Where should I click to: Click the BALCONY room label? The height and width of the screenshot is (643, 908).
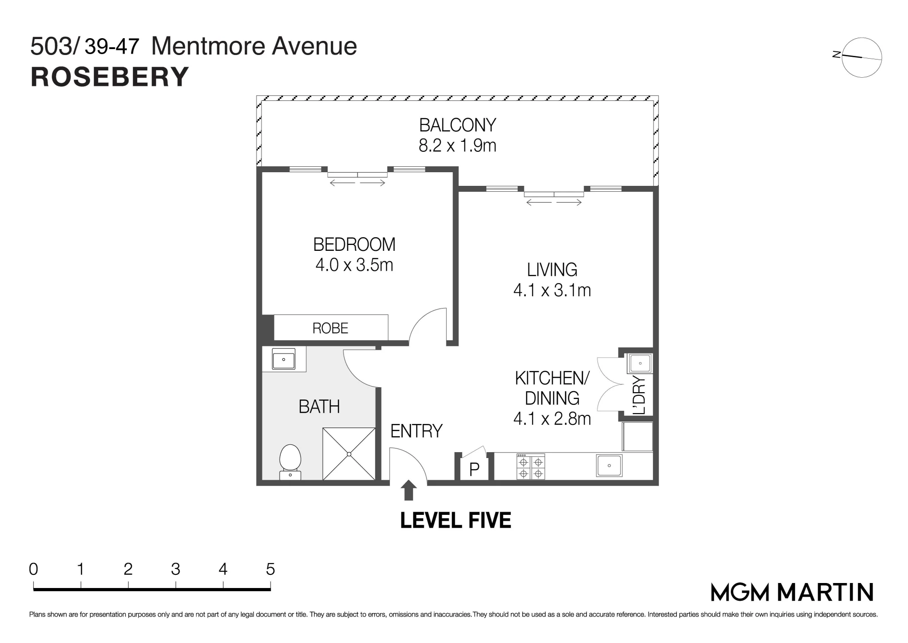(457, 125)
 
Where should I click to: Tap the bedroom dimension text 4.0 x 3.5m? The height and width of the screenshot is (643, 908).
(354, 264)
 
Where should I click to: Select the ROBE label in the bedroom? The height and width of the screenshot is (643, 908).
(330, 328)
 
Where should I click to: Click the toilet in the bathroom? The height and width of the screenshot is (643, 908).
(290, 462)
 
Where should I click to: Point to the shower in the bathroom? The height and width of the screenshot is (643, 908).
(349, 454)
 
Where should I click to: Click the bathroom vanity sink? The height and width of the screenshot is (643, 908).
(283, 360)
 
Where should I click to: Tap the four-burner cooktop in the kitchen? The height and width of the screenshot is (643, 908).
(531, 467)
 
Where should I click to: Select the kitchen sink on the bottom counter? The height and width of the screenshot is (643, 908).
(609, 466)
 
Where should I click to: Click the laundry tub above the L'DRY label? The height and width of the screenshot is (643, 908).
(640, 364)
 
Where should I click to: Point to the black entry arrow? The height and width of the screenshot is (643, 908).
(409, 490)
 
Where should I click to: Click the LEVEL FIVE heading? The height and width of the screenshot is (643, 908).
(455, 520)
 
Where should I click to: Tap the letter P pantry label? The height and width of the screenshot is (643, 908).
(474, 469)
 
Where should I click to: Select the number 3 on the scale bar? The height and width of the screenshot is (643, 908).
(175, 569)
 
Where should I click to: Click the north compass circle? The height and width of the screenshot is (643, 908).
(862, 57)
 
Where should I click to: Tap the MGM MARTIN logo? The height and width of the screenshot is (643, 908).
(792, 592)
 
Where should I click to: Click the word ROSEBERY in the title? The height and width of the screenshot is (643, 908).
(109, 77)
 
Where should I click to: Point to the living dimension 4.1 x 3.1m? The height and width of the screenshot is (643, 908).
(552, 290)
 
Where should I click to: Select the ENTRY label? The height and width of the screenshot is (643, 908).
(416, 431)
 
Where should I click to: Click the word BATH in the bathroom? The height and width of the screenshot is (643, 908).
(319, 406)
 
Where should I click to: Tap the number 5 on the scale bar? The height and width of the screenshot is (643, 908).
(270, 569)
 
